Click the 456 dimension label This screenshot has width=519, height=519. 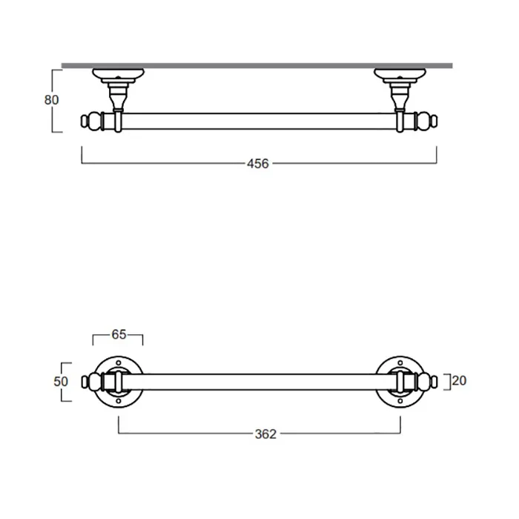pyautogui.click(x=258, y=164)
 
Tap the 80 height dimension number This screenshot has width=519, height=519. pyautogui.click(x=51, y=100)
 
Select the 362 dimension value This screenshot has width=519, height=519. pyautogui.click(x=265, y=434)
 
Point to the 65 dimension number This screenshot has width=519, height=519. pyautogui.click(x=119, y=334)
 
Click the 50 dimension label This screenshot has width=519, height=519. pyautogui.click(x=61, y=382)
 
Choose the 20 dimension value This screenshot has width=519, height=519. pyautogui.click(x=459, y=381)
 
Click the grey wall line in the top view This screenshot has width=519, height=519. pyautogui.click(x=257, y=66)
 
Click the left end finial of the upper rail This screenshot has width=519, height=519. pyautogui.click(x=90, y=121)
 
